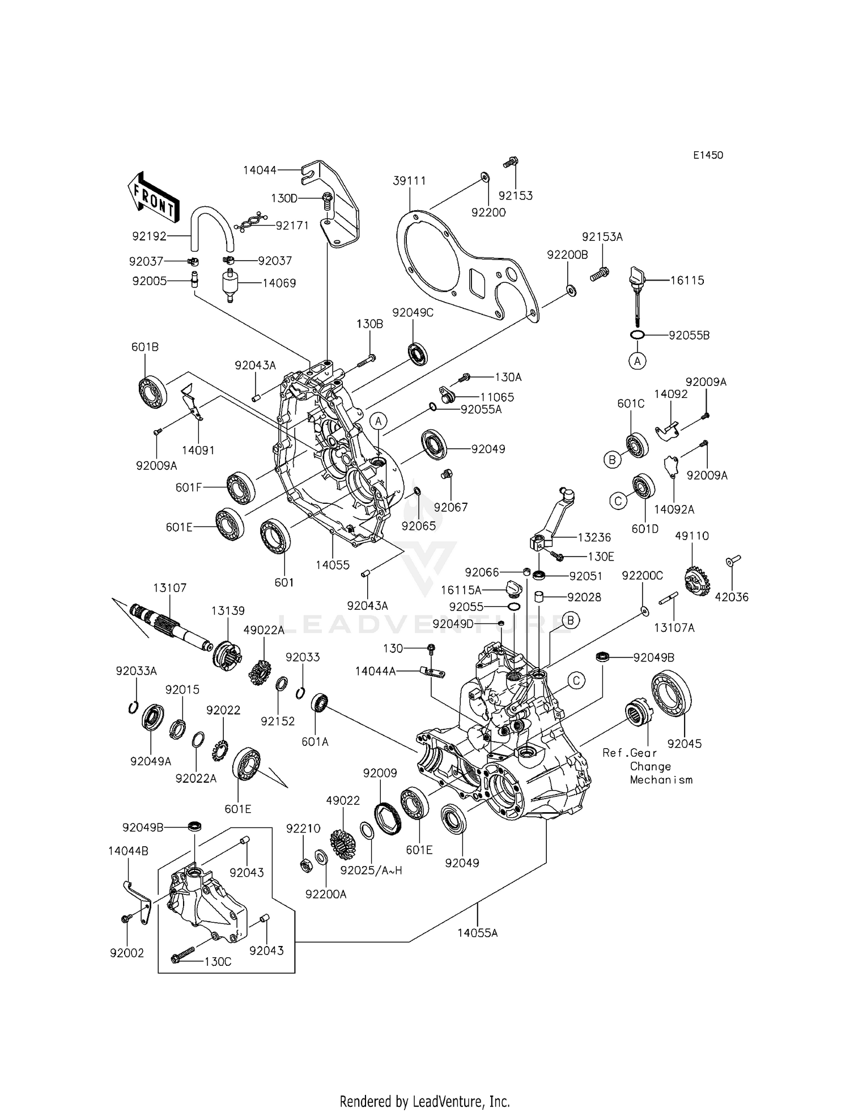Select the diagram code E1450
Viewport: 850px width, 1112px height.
tap(707, 155)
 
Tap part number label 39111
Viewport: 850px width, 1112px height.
tap(409, 181)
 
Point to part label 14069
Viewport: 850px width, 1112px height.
tap(279, 283)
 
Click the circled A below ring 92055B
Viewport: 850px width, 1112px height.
tap(637, 360)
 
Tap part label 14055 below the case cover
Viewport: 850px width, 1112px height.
tap(333, 565)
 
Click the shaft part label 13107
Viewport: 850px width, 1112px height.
tap(169, 588)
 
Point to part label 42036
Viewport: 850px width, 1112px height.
tap(731, 597)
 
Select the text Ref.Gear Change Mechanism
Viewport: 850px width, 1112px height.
tap(647, 766)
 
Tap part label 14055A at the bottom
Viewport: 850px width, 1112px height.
tap(477, 933)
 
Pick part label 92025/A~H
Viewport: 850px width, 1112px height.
tap(371, 870)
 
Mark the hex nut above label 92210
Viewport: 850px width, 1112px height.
tap(304, 865)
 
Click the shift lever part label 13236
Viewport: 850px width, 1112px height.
tap(594, 537)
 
